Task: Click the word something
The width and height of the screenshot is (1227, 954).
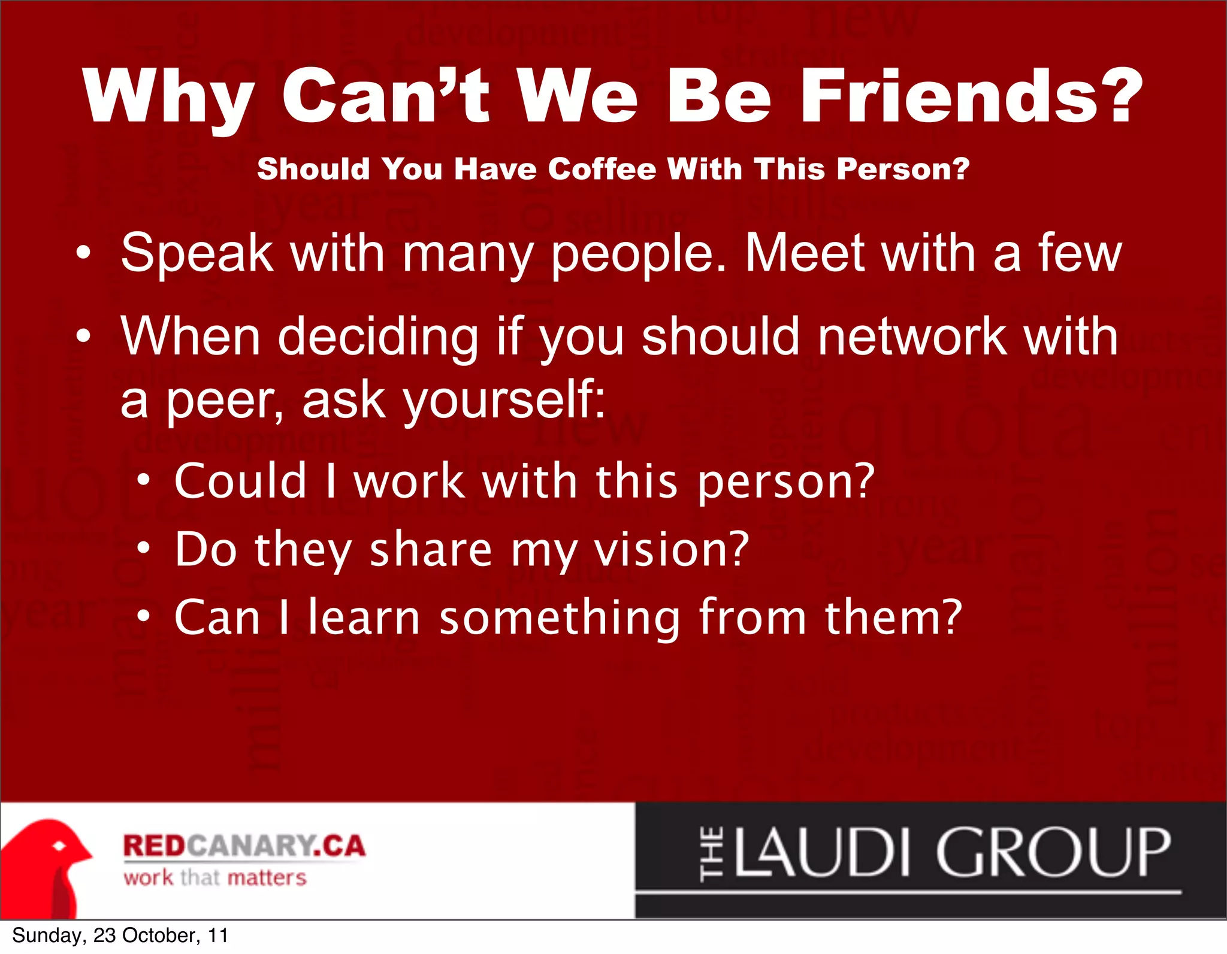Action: point(560,619)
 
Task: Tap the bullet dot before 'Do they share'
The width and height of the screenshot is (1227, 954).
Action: point(143,547)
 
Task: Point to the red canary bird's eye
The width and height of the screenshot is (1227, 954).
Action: point(59,846)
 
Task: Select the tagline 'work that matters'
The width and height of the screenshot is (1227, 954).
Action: point(214,878)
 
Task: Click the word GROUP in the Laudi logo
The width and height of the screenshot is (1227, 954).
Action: point(1053,852)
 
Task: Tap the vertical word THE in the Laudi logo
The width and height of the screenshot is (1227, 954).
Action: point(712,853)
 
